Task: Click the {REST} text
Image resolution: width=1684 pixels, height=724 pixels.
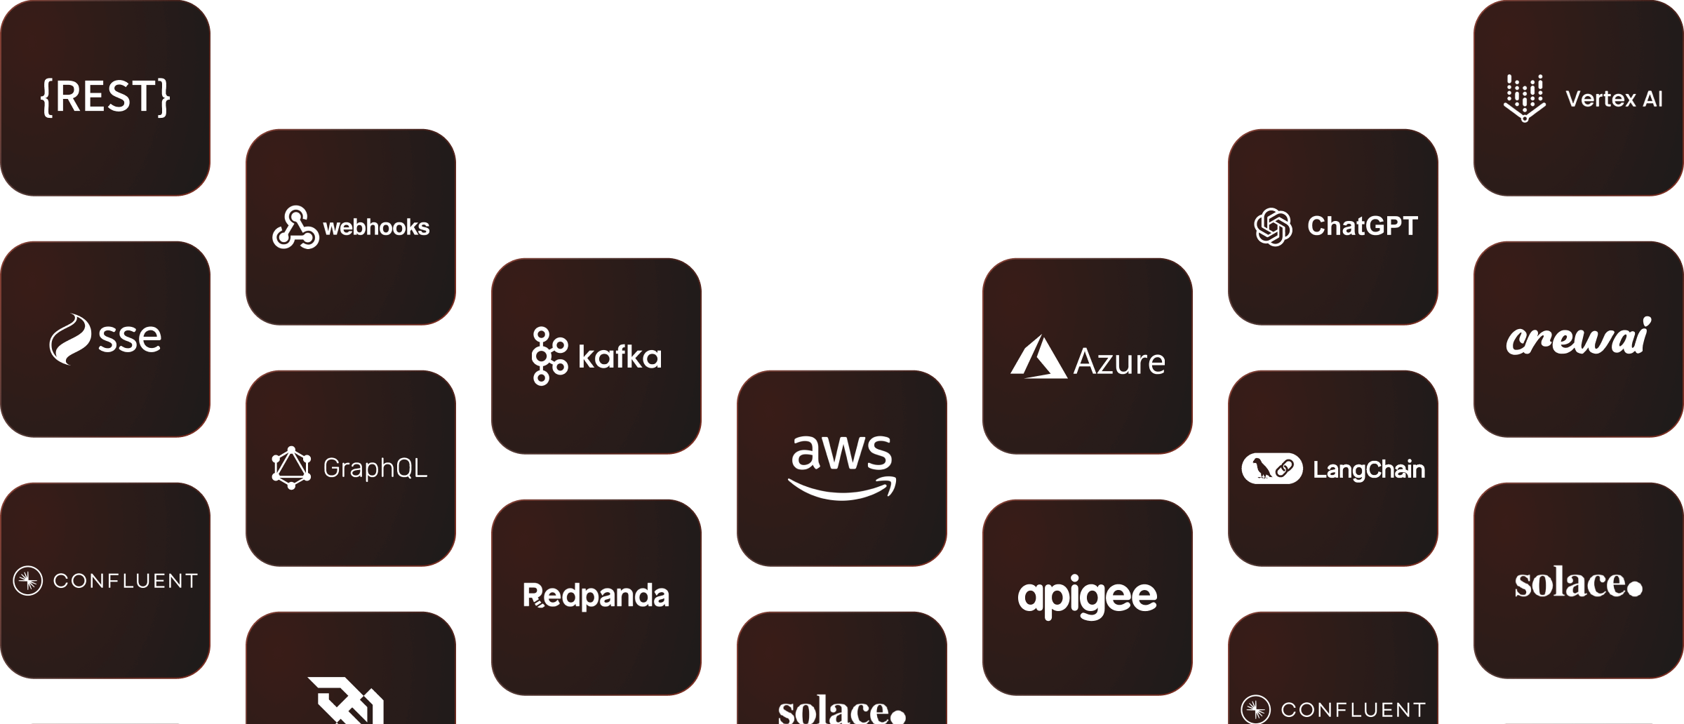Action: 105,97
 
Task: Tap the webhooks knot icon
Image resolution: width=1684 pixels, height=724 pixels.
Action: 295,227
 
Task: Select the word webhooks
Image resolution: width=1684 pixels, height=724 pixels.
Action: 376,227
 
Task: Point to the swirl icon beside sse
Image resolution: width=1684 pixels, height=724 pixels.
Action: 70,339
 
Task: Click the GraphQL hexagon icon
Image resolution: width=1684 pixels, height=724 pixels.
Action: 291,467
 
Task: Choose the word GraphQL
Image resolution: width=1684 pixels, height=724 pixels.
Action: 375,468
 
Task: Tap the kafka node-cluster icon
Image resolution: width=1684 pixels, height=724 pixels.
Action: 549,356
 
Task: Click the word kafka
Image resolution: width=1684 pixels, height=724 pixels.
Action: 620,357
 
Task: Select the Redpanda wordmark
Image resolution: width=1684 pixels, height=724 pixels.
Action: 596,596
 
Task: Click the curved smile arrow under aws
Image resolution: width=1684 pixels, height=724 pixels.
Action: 842,489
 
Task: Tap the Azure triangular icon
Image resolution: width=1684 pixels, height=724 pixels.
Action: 1038,358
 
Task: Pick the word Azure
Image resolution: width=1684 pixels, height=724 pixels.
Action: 1119,362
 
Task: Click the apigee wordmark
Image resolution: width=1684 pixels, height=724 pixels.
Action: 1088,598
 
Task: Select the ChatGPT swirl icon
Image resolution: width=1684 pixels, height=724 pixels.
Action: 1273,227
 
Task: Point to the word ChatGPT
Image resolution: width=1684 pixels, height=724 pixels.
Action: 1363,227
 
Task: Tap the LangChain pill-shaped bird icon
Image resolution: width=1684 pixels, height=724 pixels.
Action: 1272,469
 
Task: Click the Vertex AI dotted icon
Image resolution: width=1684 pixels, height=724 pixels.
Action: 1524,98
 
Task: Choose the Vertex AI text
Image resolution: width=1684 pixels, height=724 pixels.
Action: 1614,99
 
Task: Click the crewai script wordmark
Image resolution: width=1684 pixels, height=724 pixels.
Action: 1579,337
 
